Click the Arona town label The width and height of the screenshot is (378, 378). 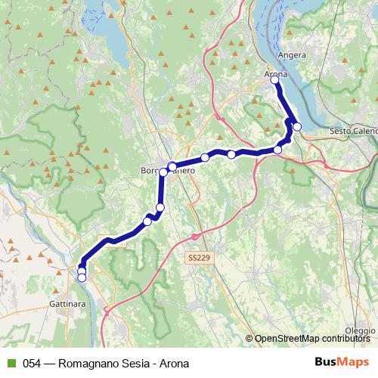(276, 74)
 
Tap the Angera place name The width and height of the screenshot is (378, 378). (291, 55)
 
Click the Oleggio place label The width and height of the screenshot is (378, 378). (360, 331)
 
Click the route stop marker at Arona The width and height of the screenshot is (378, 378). (274, 80)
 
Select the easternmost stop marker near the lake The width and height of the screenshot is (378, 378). (297, 126)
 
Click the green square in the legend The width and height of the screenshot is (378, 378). (9, 364)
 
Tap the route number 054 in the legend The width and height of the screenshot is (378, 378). (32, 364)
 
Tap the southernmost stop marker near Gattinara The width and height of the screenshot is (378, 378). (81, 277)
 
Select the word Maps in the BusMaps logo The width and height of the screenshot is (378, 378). (352, 363)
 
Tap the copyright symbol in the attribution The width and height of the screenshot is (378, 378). (249, 339)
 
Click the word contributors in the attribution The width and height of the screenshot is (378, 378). (348, 339)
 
